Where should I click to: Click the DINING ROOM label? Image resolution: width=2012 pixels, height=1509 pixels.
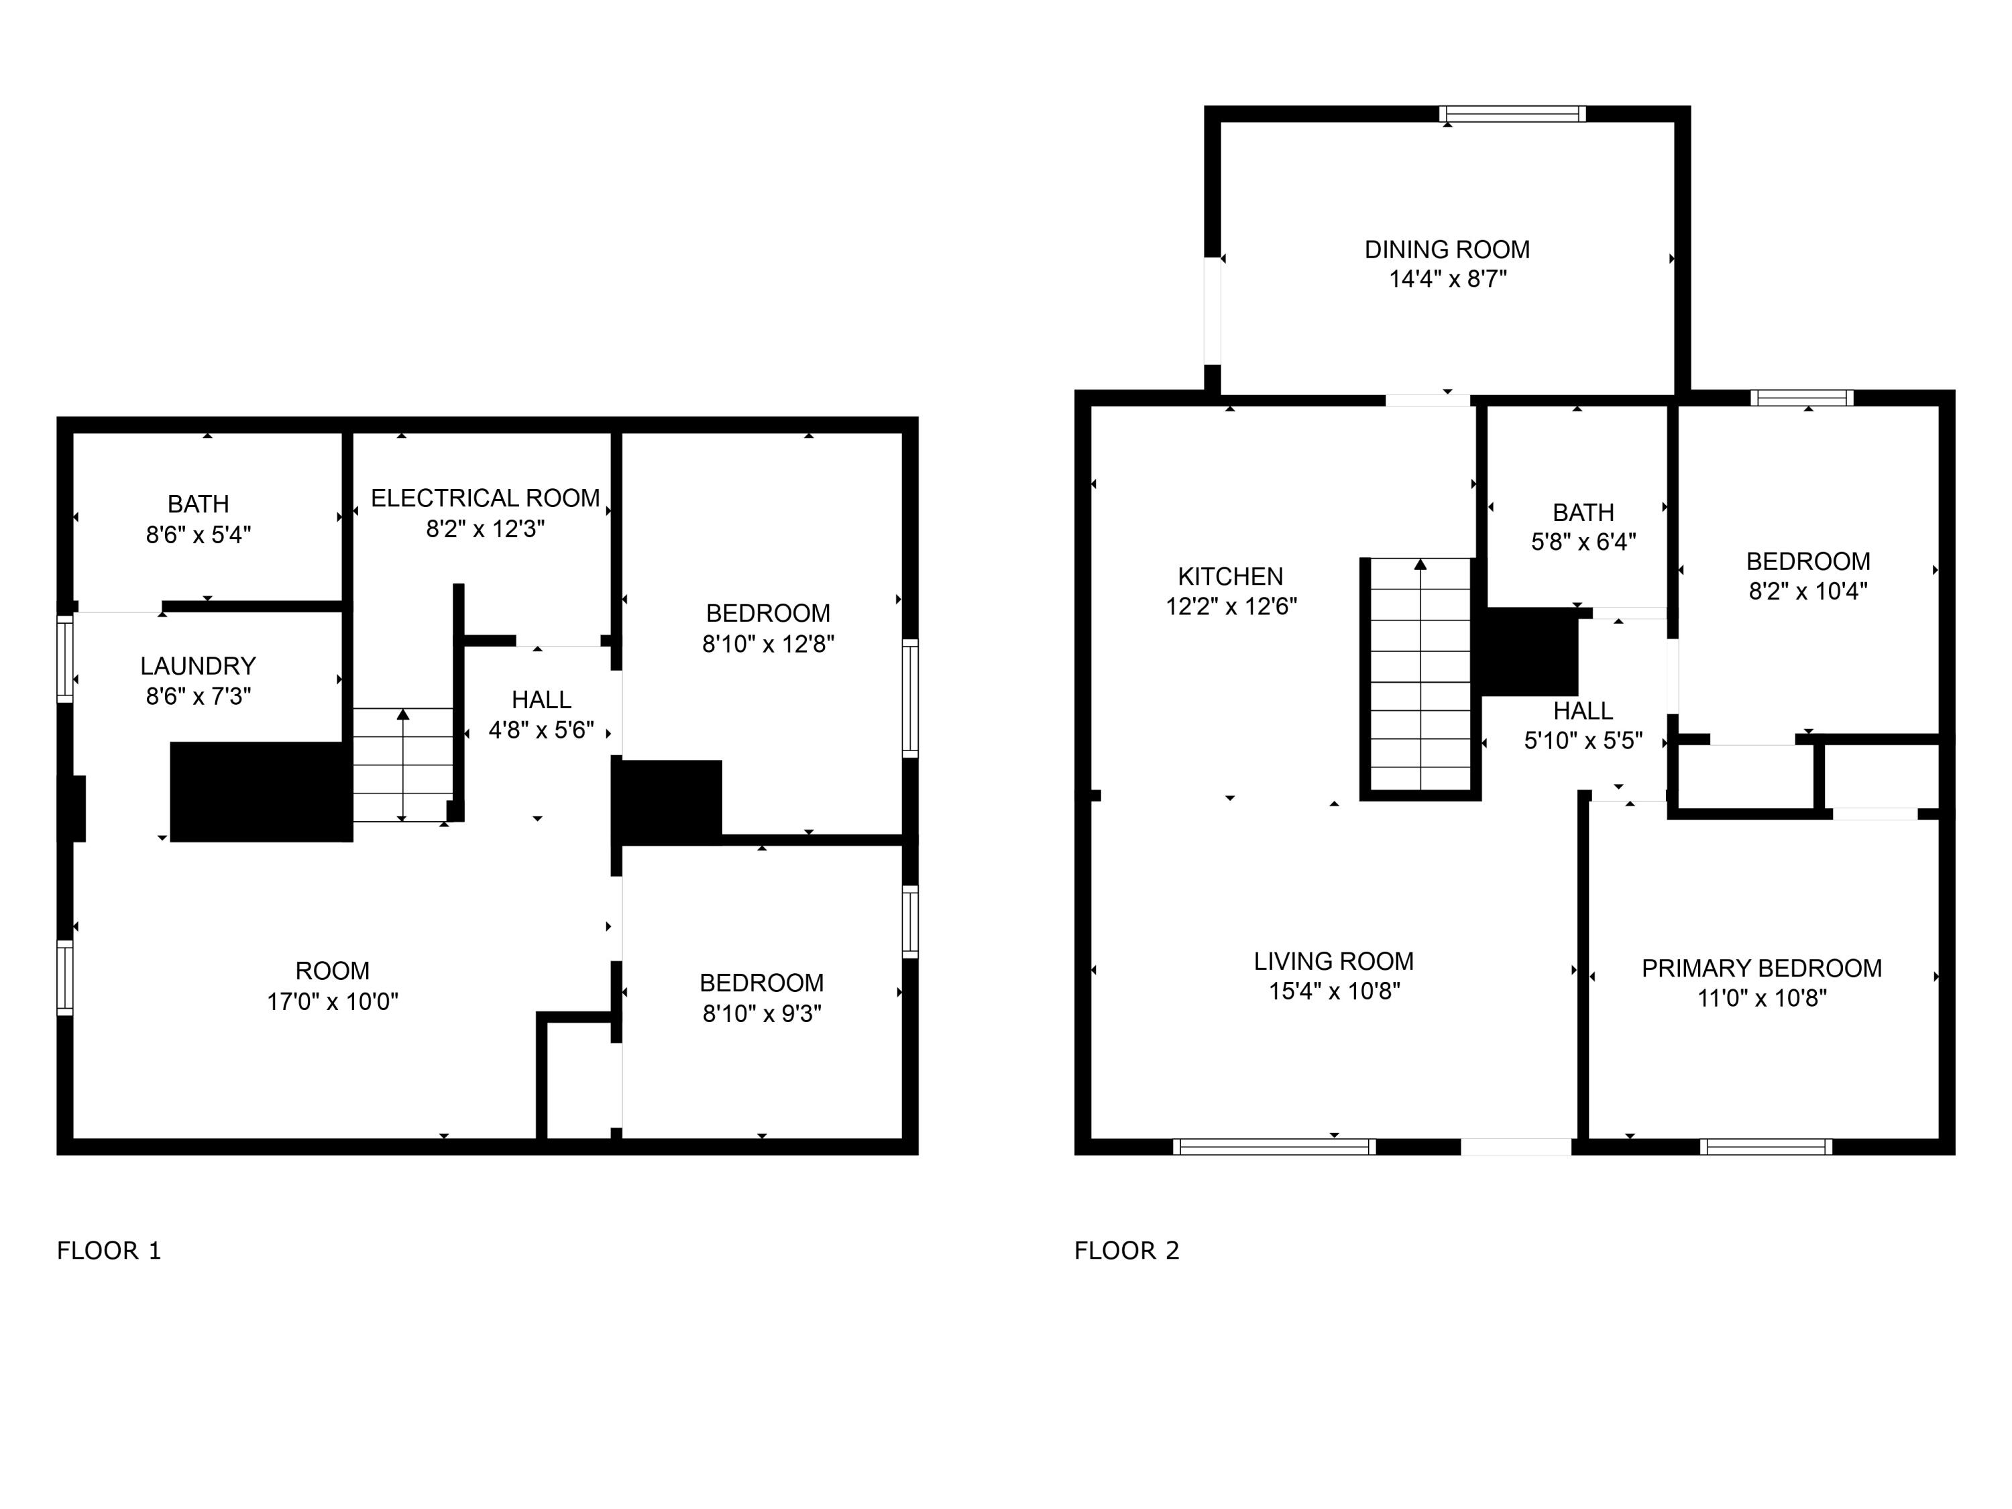pyautogui.click(x=1447, y=249)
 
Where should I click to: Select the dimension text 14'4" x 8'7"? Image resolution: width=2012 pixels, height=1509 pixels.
pyautogui.click(x=1447, y=279)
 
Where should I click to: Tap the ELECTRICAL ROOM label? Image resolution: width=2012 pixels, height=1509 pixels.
pyautogui.click(x=485, y=498)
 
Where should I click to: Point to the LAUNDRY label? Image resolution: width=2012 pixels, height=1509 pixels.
pyautogui.click(x=199, y=666)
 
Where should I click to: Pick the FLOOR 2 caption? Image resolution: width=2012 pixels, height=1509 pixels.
pyautogui.click(x=1126, y=1251)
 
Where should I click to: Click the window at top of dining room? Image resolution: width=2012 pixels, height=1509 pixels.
pyautogui.click(x=1512, y=115)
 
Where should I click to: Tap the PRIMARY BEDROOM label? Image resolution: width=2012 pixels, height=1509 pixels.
pyautogui.click(x=1762, y=968)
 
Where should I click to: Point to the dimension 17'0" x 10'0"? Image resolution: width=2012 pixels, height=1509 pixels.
pyautogui.click(x=333, y=1001)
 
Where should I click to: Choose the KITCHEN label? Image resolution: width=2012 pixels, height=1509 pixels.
pyautogui.click(x=1231, y=577)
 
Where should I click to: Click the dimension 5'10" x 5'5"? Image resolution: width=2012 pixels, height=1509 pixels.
pyautogui.click(x=1583, y=740)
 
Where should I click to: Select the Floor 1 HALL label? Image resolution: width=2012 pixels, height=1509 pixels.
pyautogui.click(x=541, y=700)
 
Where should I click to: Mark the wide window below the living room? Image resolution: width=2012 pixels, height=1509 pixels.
pyautogui.click(x=1274, y=1146)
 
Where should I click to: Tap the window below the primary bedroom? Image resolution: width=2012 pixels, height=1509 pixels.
pyautogui.click(x=1765, y=1146)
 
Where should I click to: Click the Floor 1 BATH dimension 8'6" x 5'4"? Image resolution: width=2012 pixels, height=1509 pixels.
pyautogui.click(x=199, y=535)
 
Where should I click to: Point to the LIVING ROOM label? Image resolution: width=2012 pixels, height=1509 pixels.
pyautogui.click(x=1333, y=962)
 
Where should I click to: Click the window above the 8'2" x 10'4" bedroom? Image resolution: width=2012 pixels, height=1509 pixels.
pyautogui.click(x=1802, y=398)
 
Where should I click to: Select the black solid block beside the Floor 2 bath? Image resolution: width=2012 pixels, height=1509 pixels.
pyautogui.click(x=1530, y=652)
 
